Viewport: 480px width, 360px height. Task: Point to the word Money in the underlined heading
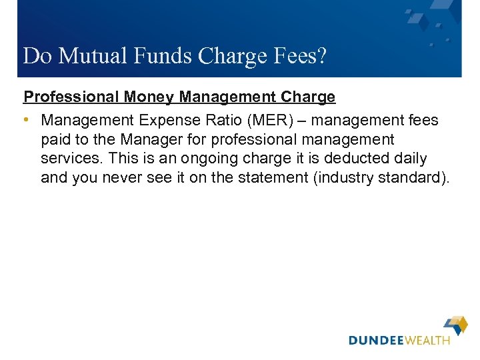(x=150, y=97)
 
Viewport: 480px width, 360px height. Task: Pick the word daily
(x=407, y=159)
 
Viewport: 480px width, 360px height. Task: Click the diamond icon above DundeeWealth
(x=457, y=325)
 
